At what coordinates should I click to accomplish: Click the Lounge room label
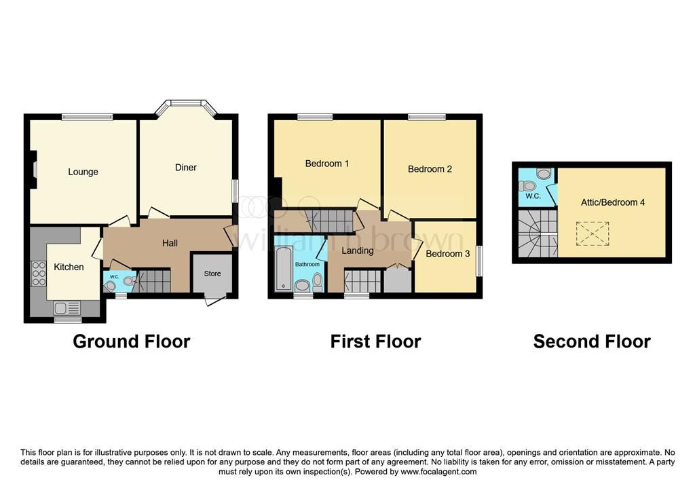click(x=83, y=172)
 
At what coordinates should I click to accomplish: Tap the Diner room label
click(x=186, y=167)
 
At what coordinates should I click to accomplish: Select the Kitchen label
click(x=69, y=267)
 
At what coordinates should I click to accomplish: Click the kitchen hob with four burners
click(x=39, y=274)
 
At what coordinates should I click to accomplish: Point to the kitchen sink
click(x=67, y=307)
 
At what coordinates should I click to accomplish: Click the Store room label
click(x=212, y=274)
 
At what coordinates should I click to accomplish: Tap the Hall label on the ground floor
click(x=170, y=243)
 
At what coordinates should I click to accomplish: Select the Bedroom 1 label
click(x=327, y=164)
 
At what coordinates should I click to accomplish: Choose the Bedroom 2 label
click(x=430, y=169)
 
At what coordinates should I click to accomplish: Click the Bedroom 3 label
click(x=448, y=254)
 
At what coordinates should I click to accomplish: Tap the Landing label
click(x=357, y=250)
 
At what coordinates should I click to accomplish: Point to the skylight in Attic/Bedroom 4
click(x=592, y=233)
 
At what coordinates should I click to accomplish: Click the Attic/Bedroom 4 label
click(x=613, y=202)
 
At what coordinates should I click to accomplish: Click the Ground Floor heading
click(x=132, y=341)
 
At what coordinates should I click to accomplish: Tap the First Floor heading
click(x=376, y=341)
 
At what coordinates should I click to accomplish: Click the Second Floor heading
click(x=592, y=341)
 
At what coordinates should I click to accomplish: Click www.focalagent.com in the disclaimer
click(x=439, y=472)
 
